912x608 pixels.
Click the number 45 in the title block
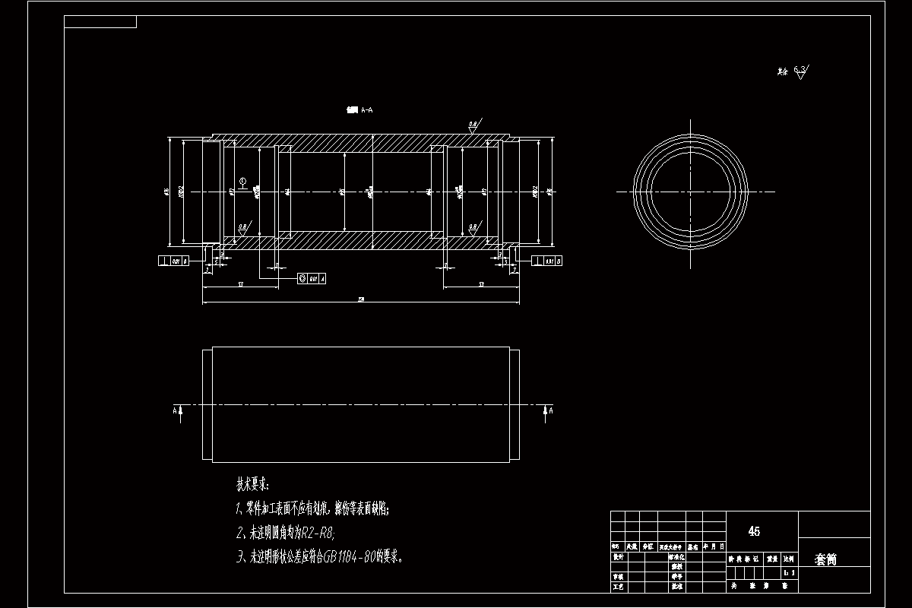(x=754, y=531)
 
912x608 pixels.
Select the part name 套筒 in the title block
(x=825, y=559)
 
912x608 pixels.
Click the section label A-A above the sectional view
(x=360, y=110)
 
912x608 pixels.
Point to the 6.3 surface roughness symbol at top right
(x=800, y=72)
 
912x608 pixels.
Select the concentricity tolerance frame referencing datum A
(x=311, y=279)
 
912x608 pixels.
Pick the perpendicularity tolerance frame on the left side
(x=173, y=261)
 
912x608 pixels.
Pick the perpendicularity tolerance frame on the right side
(x=550, y=261)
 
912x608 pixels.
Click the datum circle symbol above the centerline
(x=242, y=181)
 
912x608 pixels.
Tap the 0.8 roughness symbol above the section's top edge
(x=473, y=126)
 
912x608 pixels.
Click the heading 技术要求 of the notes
(x=252, y=484)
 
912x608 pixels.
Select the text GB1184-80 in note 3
(x=349, y=557)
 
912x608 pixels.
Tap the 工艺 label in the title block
(x=617, y=587)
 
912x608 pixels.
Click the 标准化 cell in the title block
(x=676, y=557)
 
